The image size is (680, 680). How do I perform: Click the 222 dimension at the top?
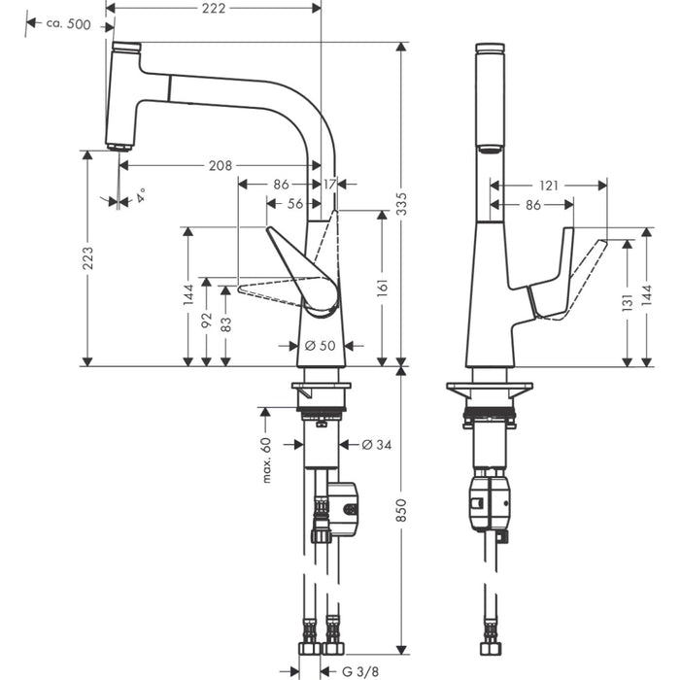[x=216, y=8]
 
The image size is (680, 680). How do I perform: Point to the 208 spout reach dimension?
[x=220, y=166]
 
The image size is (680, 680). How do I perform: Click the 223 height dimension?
[x=88, y=257]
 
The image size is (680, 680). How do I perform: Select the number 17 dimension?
[x=330, y=184]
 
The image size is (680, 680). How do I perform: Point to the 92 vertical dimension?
[x=206, y=321]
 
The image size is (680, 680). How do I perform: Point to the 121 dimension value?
[x=549, y=184]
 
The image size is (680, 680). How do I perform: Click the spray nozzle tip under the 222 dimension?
[x=119, y=147]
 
